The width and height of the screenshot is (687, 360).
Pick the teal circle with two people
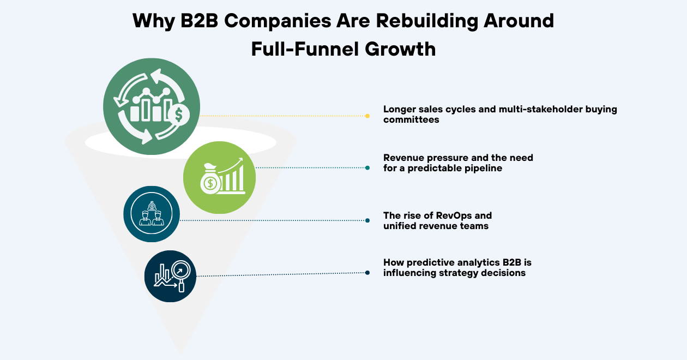(152, 214)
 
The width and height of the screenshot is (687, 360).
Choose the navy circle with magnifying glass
(170, 276)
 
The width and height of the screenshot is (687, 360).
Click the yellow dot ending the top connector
(367, 116)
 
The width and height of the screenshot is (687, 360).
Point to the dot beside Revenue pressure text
(367, 167)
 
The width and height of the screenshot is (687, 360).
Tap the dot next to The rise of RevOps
(367, 220)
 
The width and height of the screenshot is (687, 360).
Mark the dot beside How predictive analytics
(367, 273)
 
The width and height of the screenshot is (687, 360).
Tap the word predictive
(430, 262)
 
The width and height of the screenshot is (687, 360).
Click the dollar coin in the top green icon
(178, 115)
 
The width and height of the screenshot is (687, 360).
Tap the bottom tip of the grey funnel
(180, 352)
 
